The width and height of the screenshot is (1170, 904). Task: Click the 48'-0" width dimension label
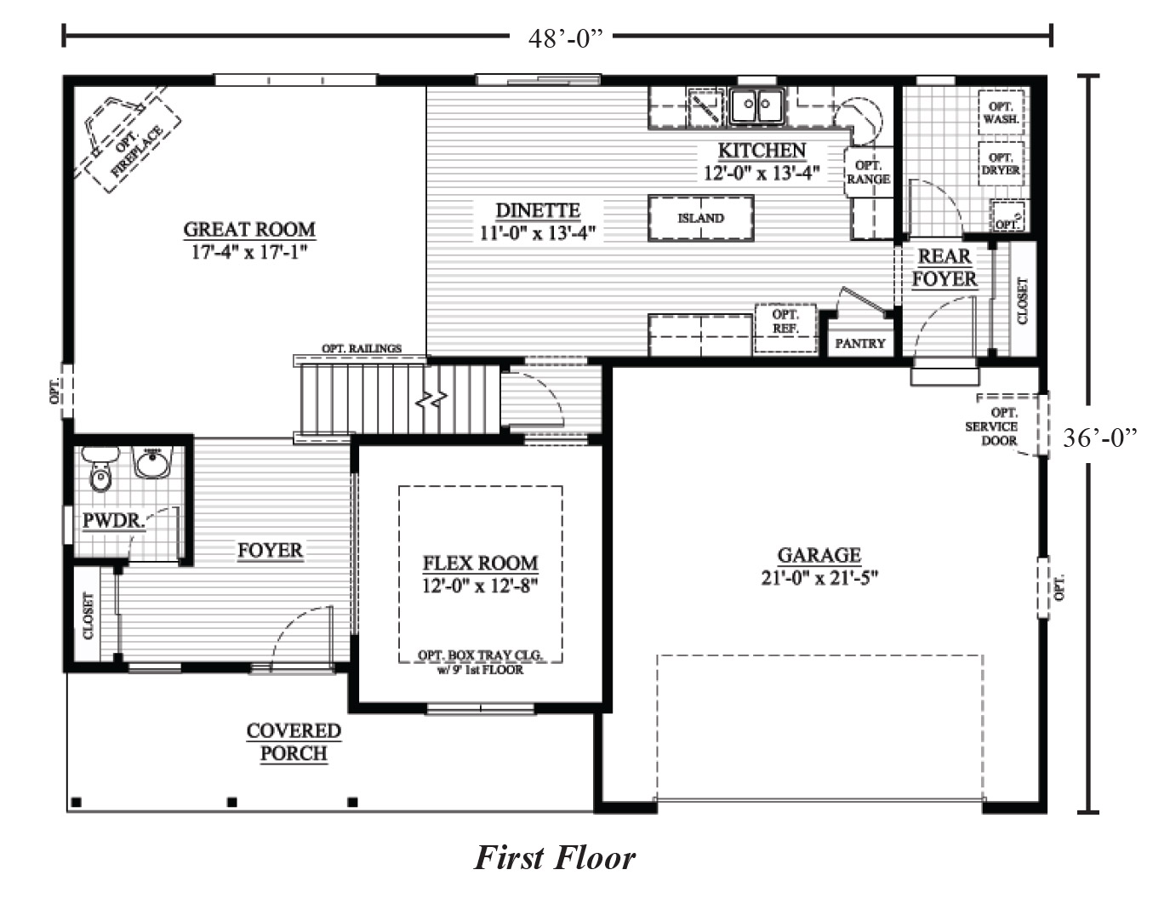click(x=565, y=38)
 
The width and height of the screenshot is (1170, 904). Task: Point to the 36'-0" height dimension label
click(x=1100, y=438)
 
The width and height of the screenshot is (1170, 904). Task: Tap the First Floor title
click(x=555, y=858)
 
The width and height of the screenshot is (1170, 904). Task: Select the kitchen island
click(x=700, y=218)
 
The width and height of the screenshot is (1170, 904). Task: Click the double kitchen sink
click(x=756, y=106)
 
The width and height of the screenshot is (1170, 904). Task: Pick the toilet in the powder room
click(x=100, y=468)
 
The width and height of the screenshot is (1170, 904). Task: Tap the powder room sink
click(x=153, y=461)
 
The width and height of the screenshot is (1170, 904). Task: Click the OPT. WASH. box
click(x=1001, y=112)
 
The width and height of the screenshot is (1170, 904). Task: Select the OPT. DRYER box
click(x=1001, y=163)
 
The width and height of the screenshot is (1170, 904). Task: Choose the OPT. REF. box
click(x=785, y=329)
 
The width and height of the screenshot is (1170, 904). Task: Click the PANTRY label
click(x=860, y=343)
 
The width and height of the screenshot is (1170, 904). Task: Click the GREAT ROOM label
click(x=249, y=229)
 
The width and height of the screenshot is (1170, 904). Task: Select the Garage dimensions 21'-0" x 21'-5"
click(x=819, y=578)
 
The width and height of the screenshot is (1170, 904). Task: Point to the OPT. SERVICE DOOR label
click(x=992, y=426)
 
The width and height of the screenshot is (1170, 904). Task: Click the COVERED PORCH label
click(x=294, y=742)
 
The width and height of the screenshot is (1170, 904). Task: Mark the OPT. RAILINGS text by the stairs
click(x=362, y=348)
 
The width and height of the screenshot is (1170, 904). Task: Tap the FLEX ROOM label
click(x=480, y=564)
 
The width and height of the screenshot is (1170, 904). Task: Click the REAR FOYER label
click(x=945, y=267)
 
